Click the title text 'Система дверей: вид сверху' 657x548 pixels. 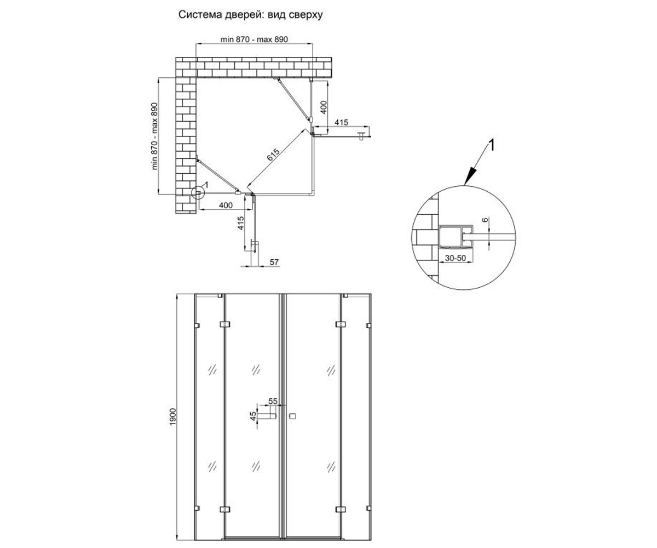[250, 15]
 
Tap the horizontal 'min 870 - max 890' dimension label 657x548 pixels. [254, 39]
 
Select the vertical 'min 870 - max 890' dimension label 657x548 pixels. [154, 136]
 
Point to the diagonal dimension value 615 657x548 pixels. [273, 155]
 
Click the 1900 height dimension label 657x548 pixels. [173, 417]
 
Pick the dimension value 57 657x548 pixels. [274, 262]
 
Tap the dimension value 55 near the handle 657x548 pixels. [273, 401]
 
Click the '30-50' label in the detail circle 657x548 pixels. [456, 258]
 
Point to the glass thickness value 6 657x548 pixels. [486, 220]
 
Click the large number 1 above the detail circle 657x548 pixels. [491, 146]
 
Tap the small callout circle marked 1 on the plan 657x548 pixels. [198, 193]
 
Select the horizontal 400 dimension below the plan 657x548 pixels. [226, 206]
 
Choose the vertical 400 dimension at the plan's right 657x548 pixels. [324, 107]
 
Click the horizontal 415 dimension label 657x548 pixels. [342, 122]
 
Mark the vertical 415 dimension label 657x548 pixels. [240, 223]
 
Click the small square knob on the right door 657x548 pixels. [293, 416]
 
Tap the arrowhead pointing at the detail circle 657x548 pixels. [469, 176]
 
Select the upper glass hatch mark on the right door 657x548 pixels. [331, 370]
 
